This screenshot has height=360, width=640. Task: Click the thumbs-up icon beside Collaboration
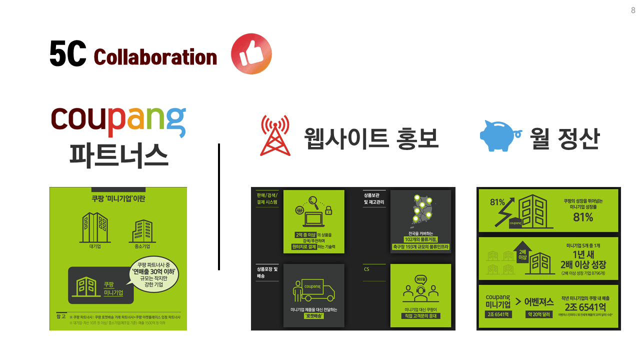pyautogui.click(x=251, y=54)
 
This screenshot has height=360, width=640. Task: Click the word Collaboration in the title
pyautogui.click(x=155, y=57)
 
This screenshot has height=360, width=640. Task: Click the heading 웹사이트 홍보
pyautogui.click(x=371, y=138)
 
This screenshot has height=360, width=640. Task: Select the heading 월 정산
pyautogui.click(x=564, y=138)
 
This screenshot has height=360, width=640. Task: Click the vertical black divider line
pyautogui.click(x=219, y=207)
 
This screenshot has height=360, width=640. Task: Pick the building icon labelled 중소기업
pyautogui.click(x=140, y=229)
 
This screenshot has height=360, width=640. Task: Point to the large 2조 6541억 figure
pyautogui.click(x=584, y=306)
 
